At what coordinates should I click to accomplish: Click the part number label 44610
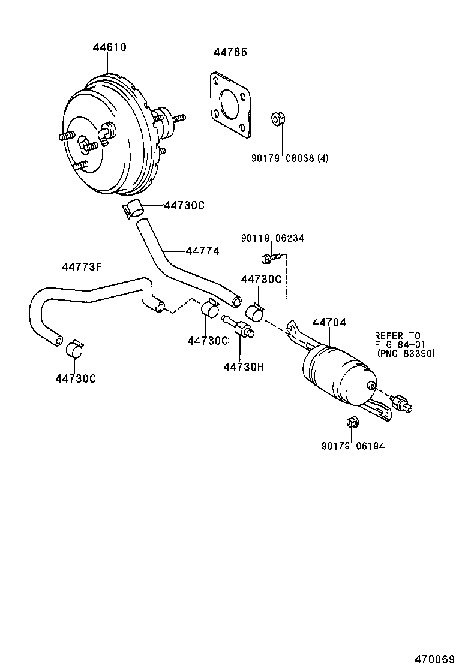pos(109,47)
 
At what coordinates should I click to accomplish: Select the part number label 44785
pos(230,52)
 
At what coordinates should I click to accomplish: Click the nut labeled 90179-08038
pos(277,118)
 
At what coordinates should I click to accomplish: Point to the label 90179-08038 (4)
pos(290,158)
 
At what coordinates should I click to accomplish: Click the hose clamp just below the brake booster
pos(133,208)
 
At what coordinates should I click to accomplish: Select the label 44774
pos(202,251)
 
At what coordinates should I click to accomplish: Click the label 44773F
pos(80,267)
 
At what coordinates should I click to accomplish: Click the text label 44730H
pos(243,366)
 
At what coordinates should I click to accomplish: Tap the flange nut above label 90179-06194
pos(352,423)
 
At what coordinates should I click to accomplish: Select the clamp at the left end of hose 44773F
pos(75,348)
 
